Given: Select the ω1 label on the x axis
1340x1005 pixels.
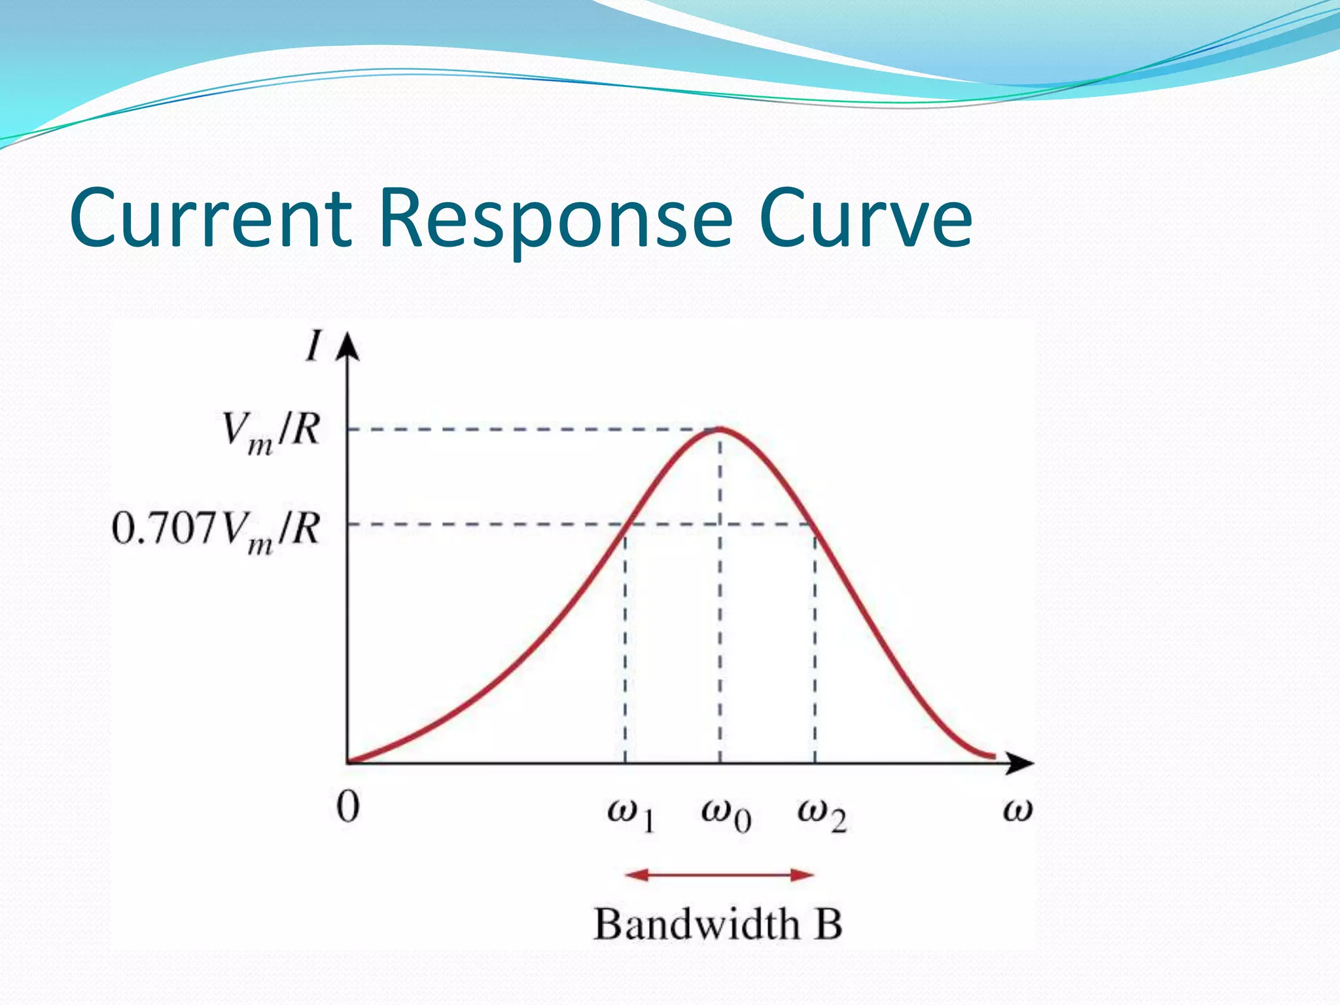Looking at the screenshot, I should pos(630,815).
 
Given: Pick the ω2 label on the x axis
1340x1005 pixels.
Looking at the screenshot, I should pos(821,815).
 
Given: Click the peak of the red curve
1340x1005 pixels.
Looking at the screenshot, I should pos(720,429).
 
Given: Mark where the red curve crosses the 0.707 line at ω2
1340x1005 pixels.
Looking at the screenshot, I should pos(811,524).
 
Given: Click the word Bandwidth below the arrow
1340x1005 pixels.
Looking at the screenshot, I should pos(696,925).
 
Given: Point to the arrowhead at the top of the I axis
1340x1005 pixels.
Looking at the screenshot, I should pos(348,347).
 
